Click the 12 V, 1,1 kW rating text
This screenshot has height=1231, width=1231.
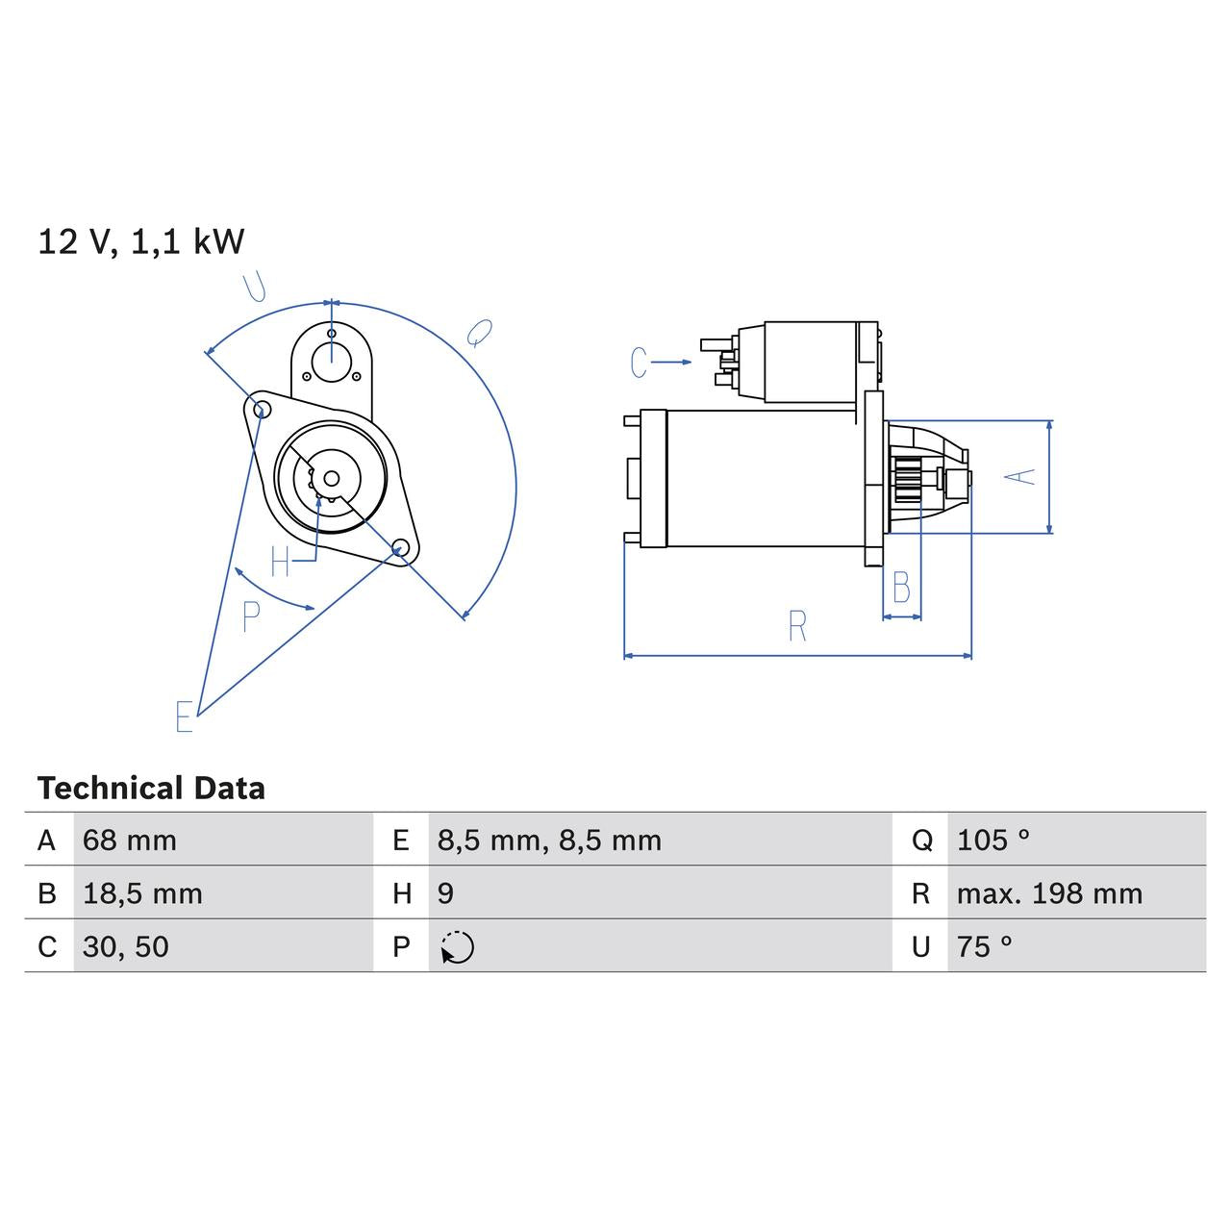140,241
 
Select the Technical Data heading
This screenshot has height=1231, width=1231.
151,789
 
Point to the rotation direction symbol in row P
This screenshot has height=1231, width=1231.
458,947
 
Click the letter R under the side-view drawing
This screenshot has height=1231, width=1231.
797,626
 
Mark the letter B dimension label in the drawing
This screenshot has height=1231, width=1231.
901,588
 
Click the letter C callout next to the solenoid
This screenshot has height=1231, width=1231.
639,363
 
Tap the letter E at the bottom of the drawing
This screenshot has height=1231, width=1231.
184,716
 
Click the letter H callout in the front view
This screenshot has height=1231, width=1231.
280,562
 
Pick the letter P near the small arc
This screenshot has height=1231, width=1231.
251,616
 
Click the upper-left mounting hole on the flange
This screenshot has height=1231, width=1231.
259,410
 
